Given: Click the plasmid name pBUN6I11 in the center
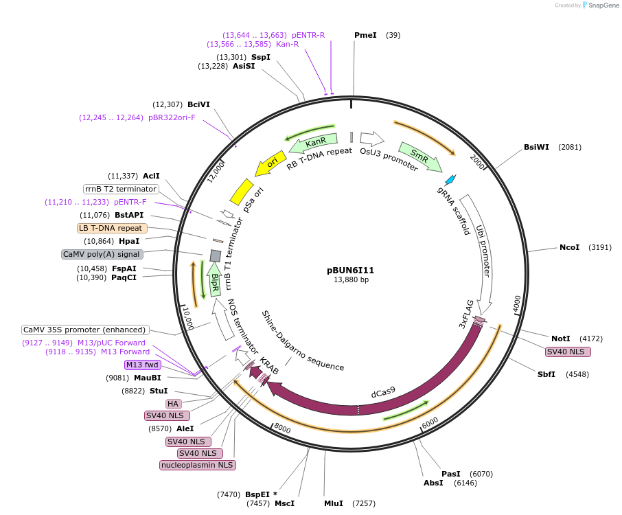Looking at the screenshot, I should coord(351,270).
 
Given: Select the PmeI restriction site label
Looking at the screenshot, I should coord(365,35).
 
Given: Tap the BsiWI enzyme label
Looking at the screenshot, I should coord(536,147).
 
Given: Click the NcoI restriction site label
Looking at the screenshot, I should coord(569,247).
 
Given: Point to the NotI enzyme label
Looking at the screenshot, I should coord(560,339).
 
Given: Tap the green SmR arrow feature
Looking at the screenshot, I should coord(420,157).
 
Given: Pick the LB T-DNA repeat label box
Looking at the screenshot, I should coord(111,228).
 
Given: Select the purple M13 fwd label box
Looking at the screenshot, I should coord(142,365).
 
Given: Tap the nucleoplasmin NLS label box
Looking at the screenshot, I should coord(197,466).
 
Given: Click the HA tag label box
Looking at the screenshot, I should coord(173,404).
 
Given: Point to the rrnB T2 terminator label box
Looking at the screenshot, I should coord(121,189).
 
